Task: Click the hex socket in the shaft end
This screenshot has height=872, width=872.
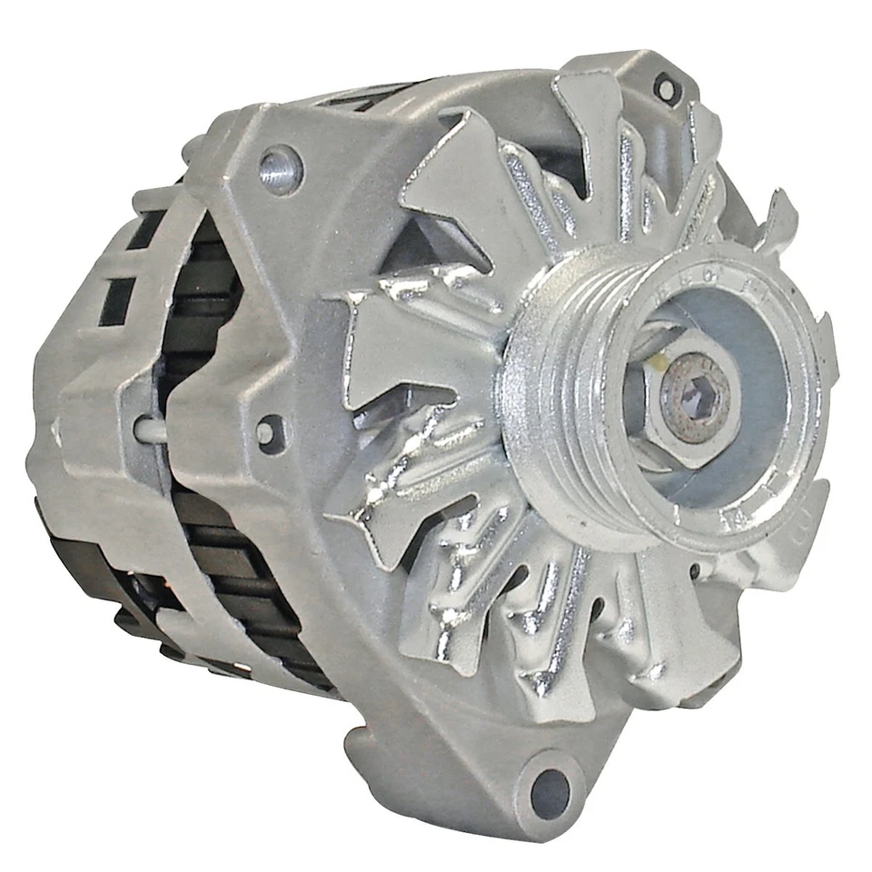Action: tap(695, 397)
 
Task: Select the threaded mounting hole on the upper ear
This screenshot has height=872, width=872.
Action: tap(279, 170)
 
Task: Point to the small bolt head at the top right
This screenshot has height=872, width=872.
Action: tap(666, 88)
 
